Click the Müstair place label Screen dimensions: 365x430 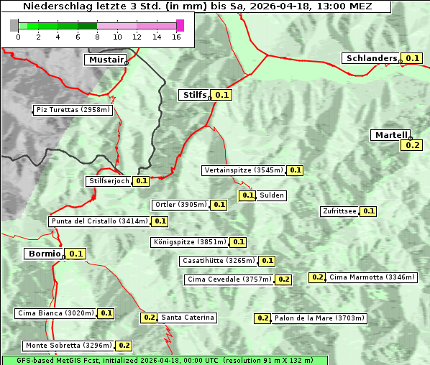[105, 60]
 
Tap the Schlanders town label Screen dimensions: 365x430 [371, 58]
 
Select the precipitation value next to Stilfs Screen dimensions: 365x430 [222, 94]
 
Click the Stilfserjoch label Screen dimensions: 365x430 [109, 181]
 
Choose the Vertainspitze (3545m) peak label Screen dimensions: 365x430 [243, 170]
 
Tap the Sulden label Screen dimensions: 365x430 [273, 195]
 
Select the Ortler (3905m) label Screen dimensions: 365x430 [180, 205]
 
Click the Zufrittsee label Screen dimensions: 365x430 [339, 211]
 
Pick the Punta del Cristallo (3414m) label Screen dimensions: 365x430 [99, 221]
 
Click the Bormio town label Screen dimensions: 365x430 [43, 254]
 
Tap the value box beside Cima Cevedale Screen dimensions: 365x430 [283, 279]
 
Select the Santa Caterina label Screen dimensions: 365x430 [188, 318]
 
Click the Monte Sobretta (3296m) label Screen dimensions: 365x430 [68, 346]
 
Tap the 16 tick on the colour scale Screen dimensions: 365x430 [175, 37]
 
